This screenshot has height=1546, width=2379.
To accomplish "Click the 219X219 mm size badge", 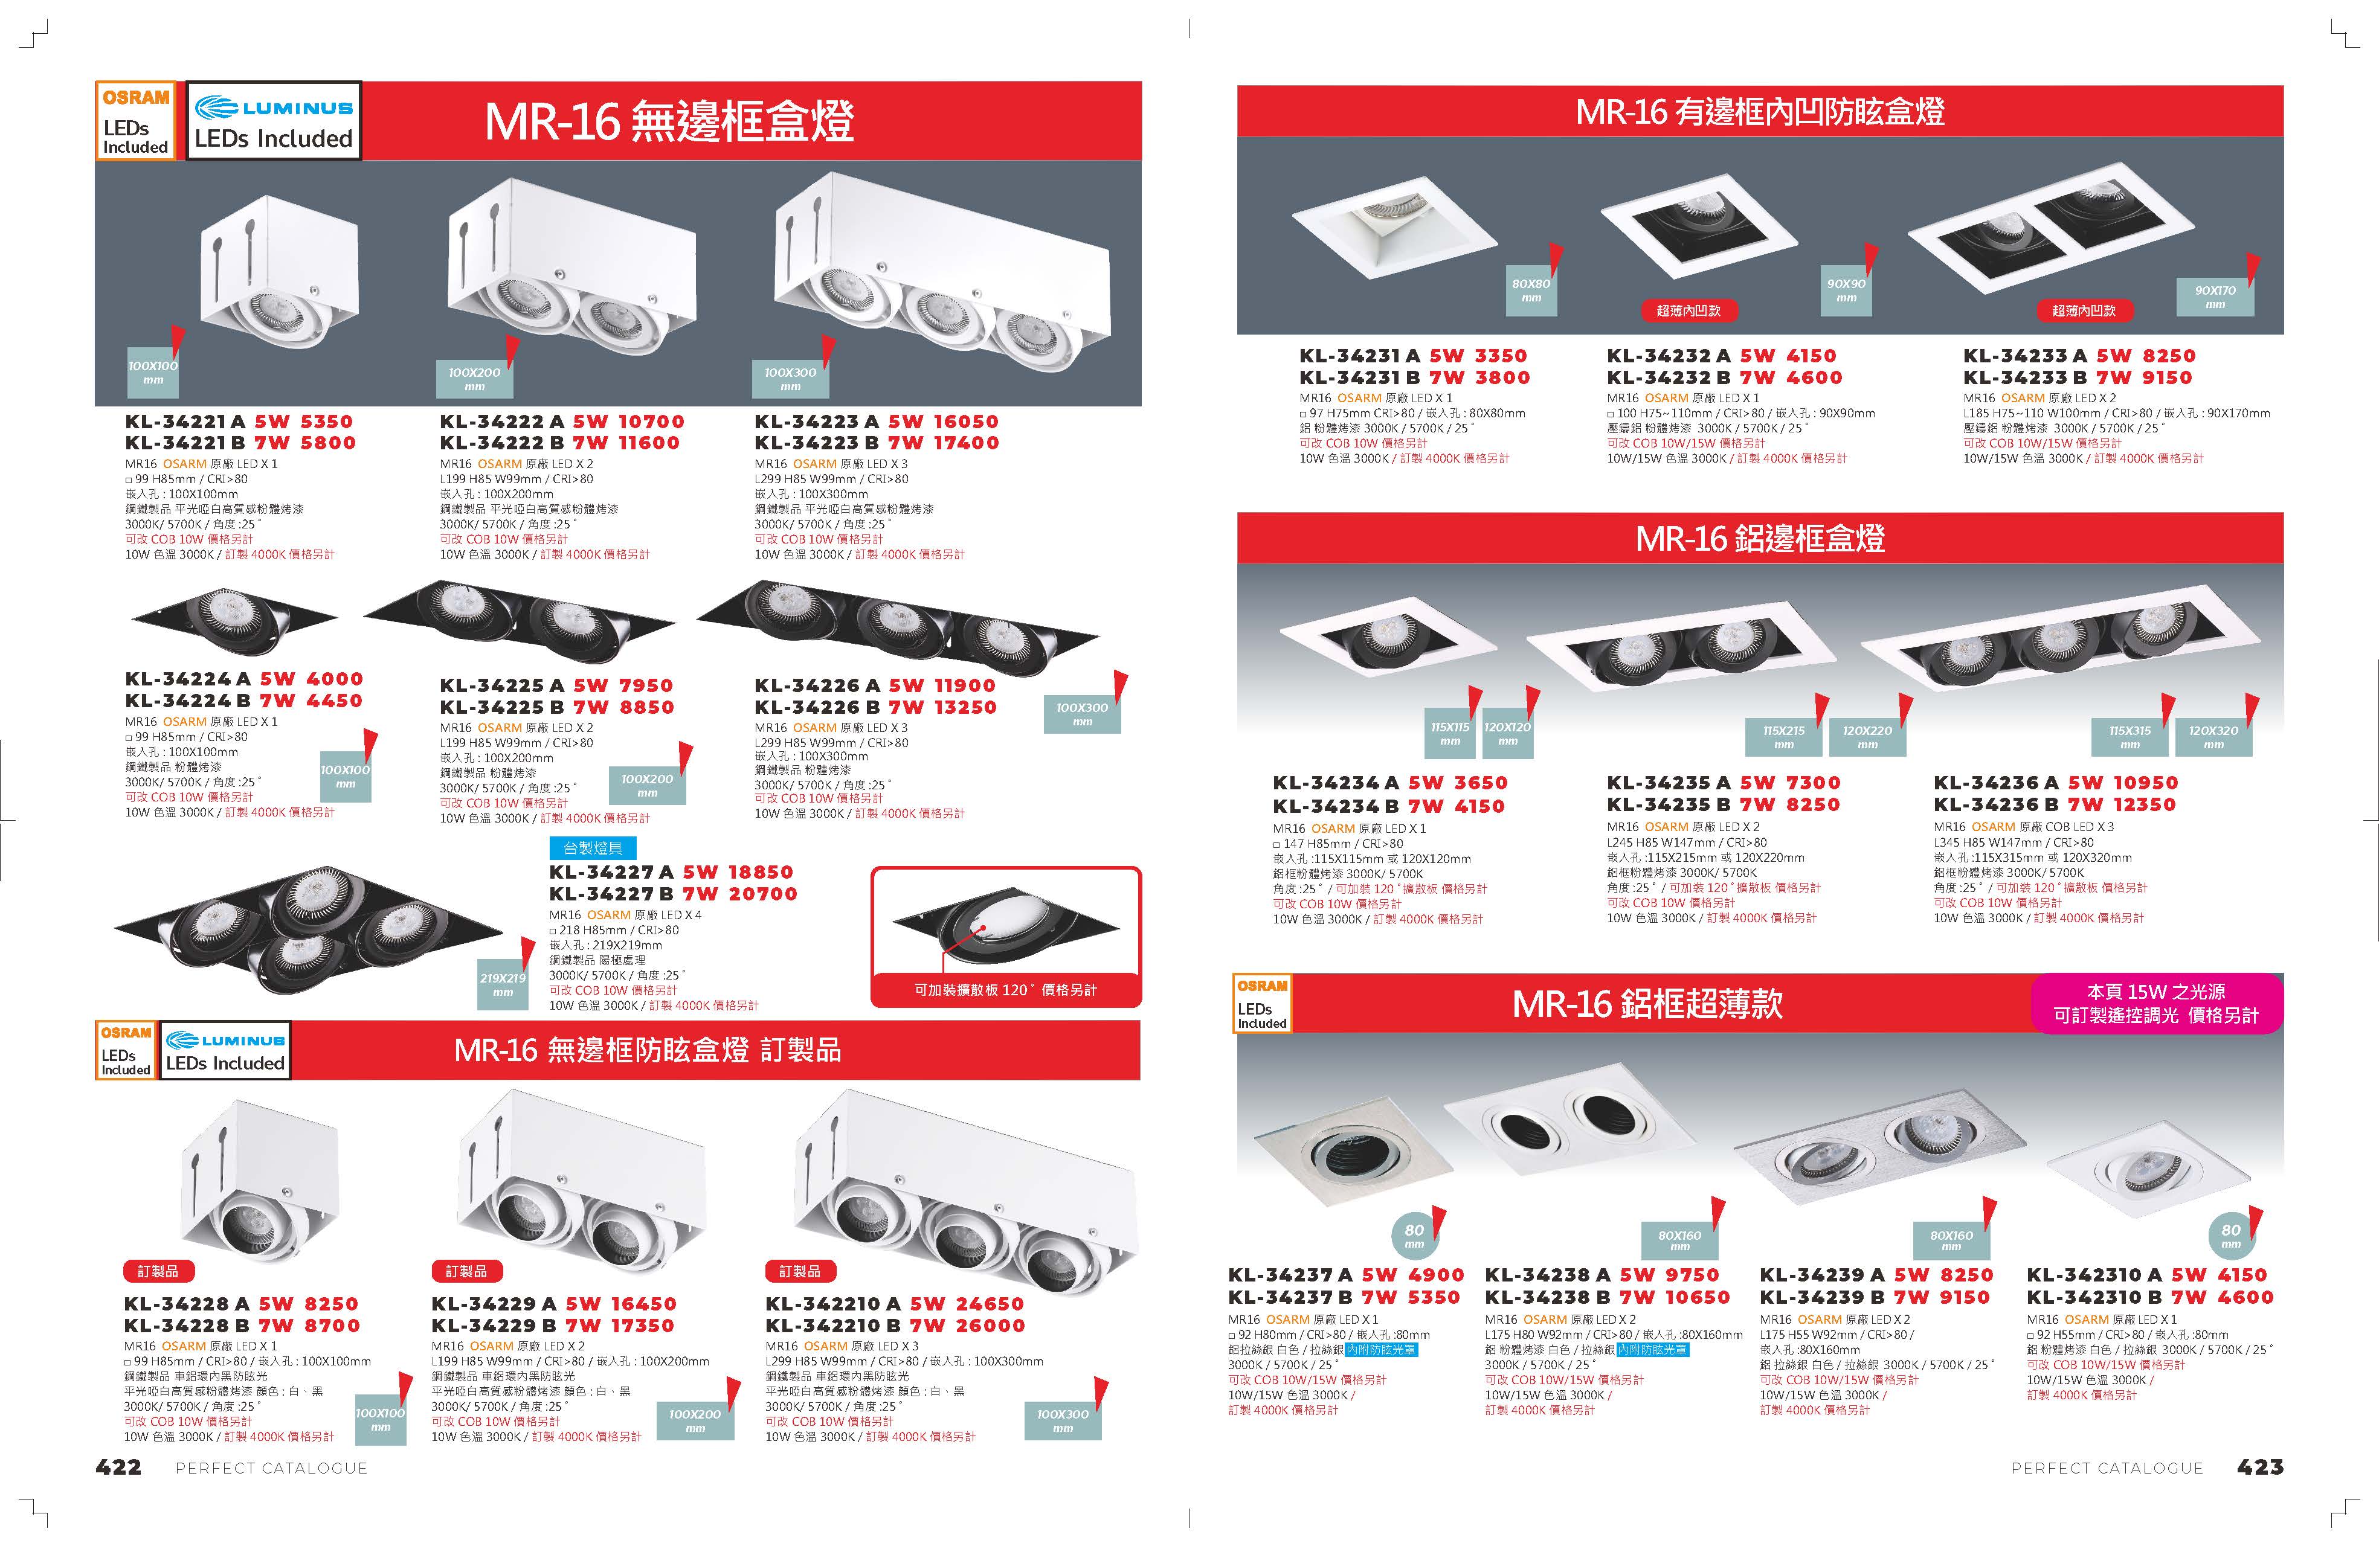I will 503,984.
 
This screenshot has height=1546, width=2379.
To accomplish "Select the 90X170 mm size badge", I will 2215,297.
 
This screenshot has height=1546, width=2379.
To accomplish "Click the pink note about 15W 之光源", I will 2156,1003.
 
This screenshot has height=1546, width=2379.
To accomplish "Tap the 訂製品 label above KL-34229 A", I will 467,1271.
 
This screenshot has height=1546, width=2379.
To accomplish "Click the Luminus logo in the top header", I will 274,108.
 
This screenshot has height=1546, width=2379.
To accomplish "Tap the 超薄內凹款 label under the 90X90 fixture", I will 1688,311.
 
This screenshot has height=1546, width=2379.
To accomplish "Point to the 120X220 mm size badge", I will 1867,737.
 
